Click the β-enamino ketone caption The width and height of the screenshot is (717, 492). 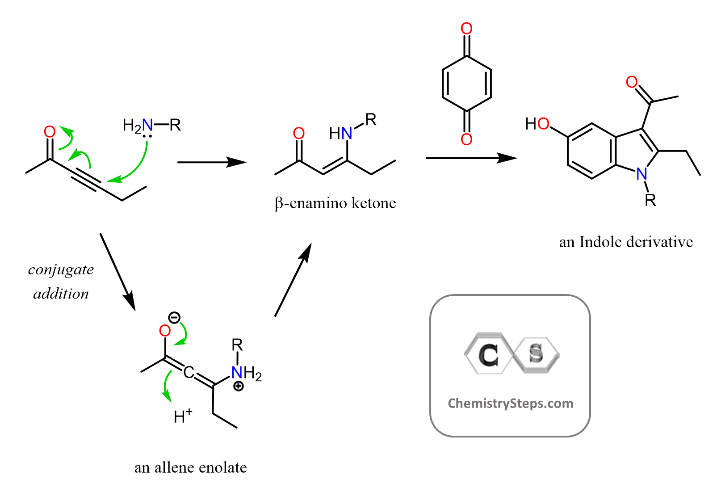pos(335,203)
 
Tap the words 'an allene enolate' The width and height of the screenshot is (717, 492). pos(190,467)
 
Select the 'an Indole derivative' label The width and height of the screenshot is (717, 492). pos(625,242)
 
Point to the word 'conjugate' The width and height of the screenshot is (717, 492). pos(61,269)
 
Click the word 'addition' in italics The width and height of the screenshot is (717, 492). pos(61,294)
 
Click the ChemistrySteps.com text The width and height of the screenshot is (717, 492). pos(510,403)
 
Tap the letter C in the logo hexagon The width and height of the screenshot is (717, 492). pos(488,355)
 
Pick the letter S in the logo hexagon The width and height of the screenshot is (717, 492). pos(536,353)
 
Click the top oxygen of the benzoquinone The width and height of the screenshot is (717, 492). pos(466,29)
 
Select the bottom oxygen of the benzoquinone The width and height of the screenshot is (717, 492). pos(466,139)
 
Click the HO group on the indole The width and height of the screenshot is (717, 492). pos(537,124)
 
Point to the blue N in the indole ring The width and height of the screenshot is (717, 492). pos(642,174)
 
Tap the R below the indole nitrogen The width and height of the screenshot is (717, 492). pos(650,201)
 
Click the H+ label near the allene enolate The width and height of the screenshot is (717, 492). pos(183,416)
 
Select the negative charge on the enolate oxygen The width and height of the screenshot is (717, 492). pos(174,318)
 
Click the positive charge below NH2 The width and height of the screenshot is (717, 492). pos(239,386)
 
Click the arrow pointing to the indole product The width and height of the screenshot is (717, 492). pos(471,158)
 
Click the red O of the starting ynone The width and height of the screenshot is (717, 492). pos(50,131)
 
